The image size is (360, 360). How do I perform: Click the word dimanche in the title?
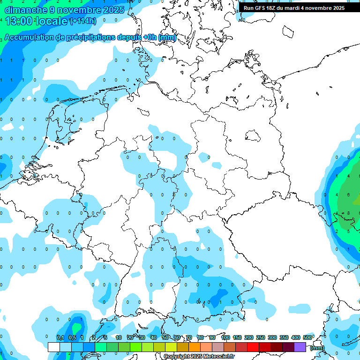click(26, 9)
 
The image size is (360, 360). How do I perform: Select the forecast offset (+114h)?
click(83, 21)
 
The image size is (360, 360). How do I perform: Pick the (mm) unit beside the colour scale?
click(317, 348)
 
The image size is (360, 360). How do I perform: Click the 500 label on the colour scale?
click(307, 337)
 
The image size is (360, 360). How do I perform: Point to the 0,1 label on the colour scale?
click(60, 337)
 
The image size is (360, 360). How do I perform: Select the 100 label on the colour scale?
click(225, 337)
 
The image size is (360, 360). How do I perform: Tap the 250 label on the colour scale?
click(261, 337)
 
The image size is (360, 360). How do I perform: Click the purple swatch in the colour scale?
click(300, 347)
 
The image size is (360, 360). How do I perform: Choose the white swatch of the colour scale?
click(53, 347)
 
